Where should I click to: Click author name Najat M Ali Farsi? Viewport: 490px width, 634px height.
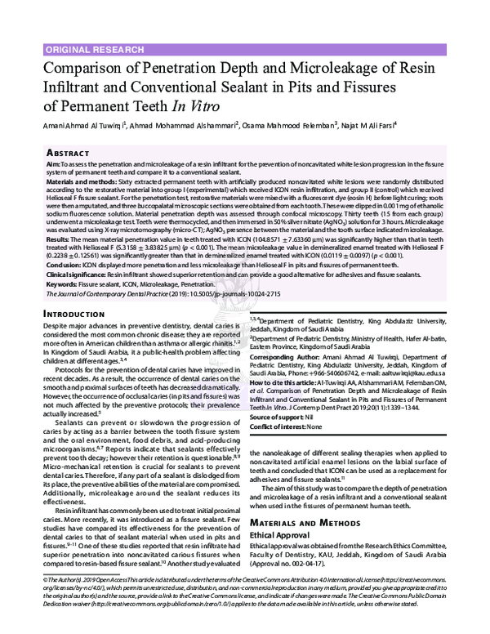point(368,125)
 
